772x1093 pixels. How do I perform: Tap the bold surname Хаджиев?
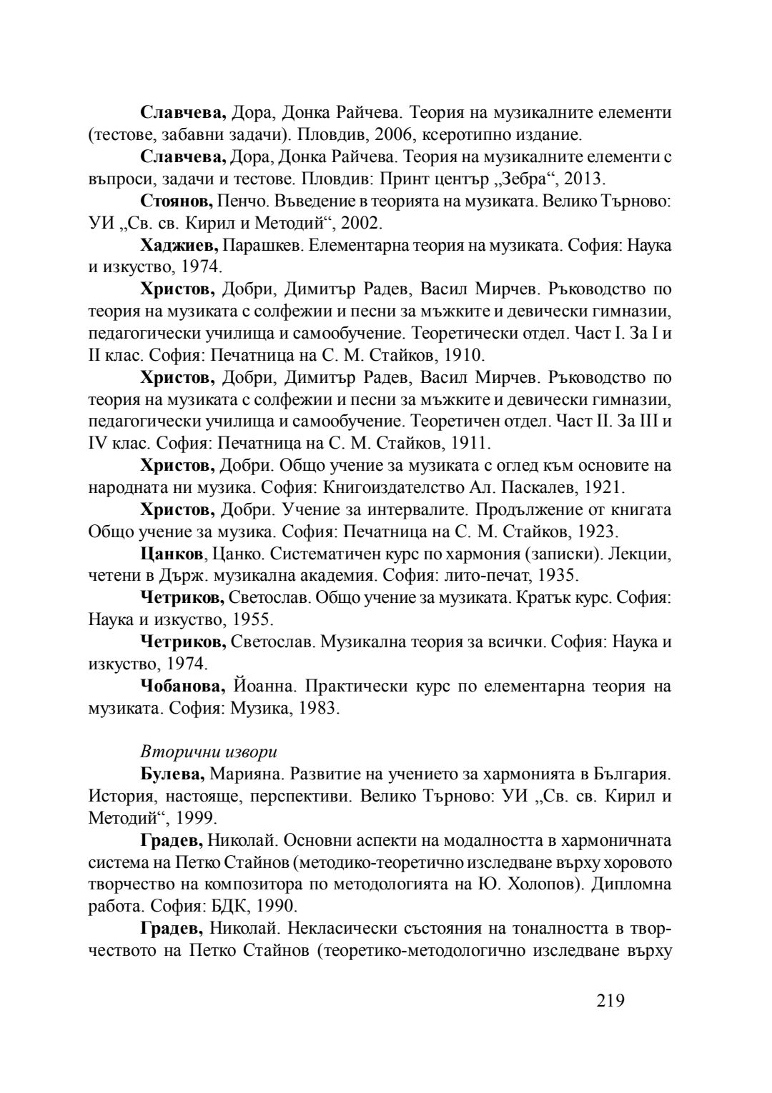click(x=179, y=245)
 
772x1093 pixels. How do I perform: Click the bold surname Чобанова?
click(x=184, y=686)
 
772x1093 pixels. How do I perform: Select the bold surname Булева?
click(x=174, y=774)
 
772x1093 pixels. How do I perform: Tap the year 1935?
click(x=558, y=576)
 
